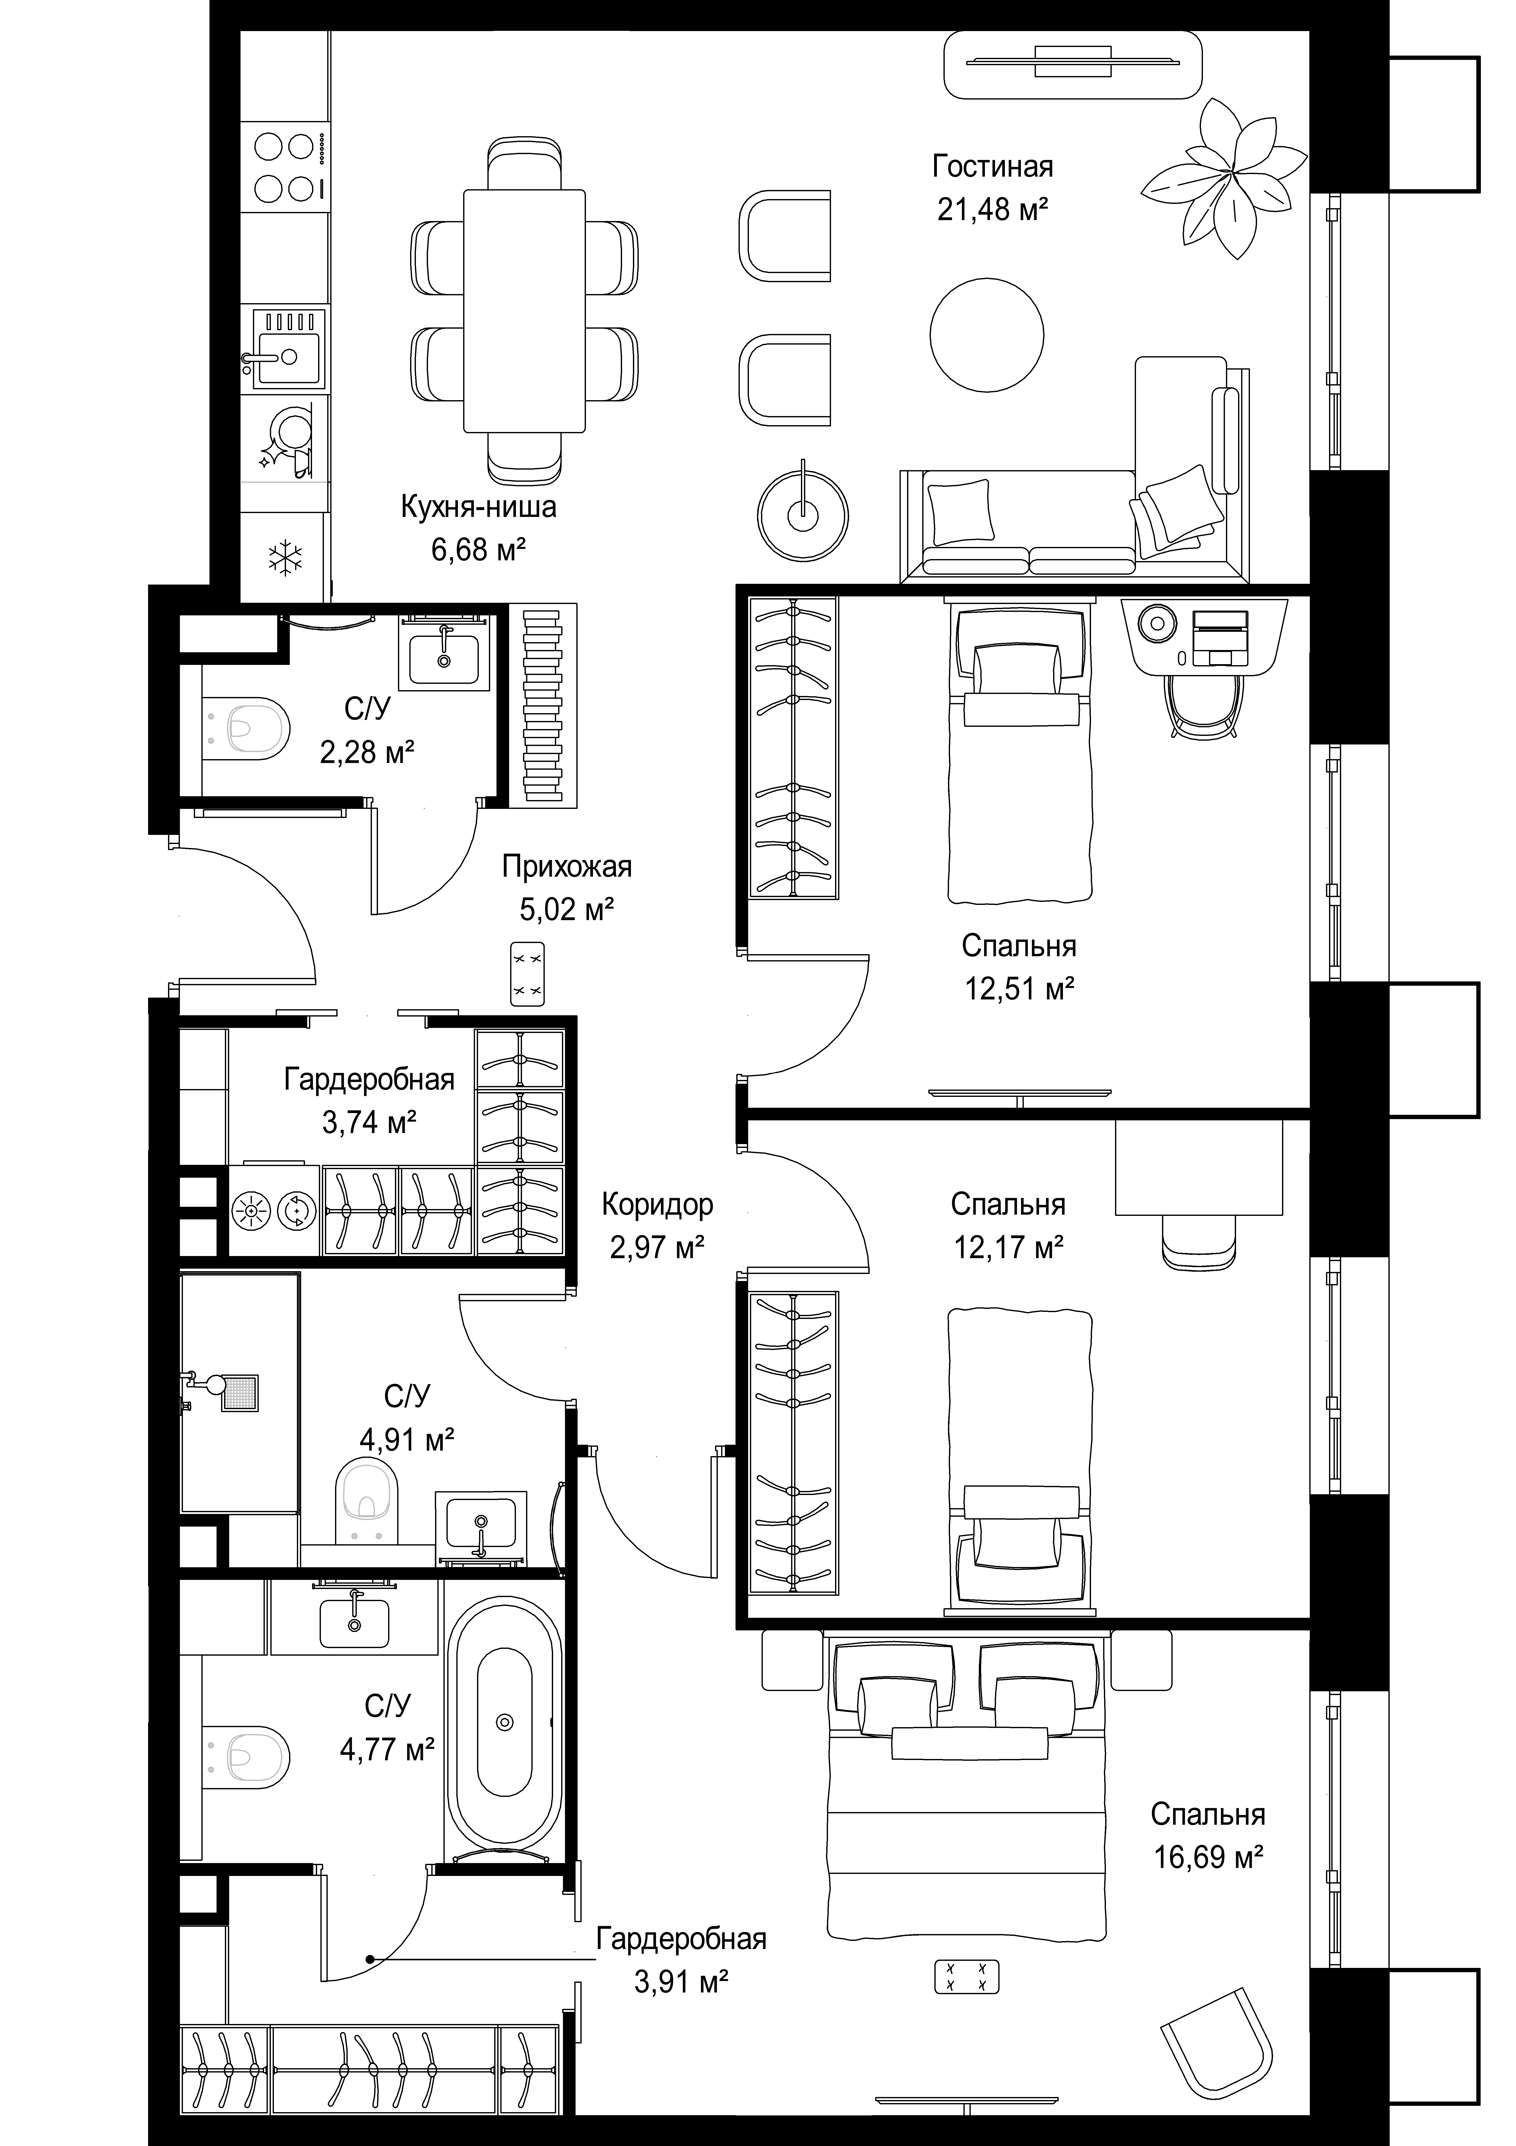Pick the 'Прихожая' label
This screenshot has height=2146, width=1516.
pos(566,866)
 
